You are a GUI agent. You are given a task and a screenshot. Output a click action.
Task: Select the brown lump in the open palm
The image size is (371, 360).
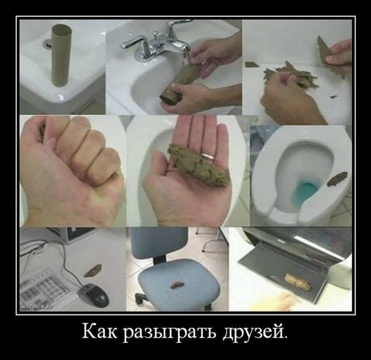(198, 165)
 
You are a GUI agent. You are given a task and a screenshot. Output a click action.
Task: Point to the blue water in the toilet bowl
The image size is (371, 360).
(307, 189)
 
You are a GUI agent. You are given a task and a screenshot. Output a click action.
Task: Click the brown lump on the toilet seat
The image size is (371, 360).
(337, 179)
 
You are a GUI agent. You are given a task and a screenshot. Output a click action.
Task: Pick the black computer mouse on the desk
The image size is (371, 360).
(94, 295)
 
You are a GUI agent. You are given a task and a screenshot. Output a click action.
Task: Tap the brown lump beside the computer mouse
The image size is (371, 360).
(93, 270)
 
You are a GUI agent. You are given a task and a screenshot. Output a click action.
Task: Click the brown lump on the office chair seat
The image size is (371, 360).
(176, 285)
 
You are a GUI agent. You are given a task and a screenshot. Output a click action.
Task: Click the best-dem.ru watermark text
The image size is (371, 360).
(37, 307)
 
